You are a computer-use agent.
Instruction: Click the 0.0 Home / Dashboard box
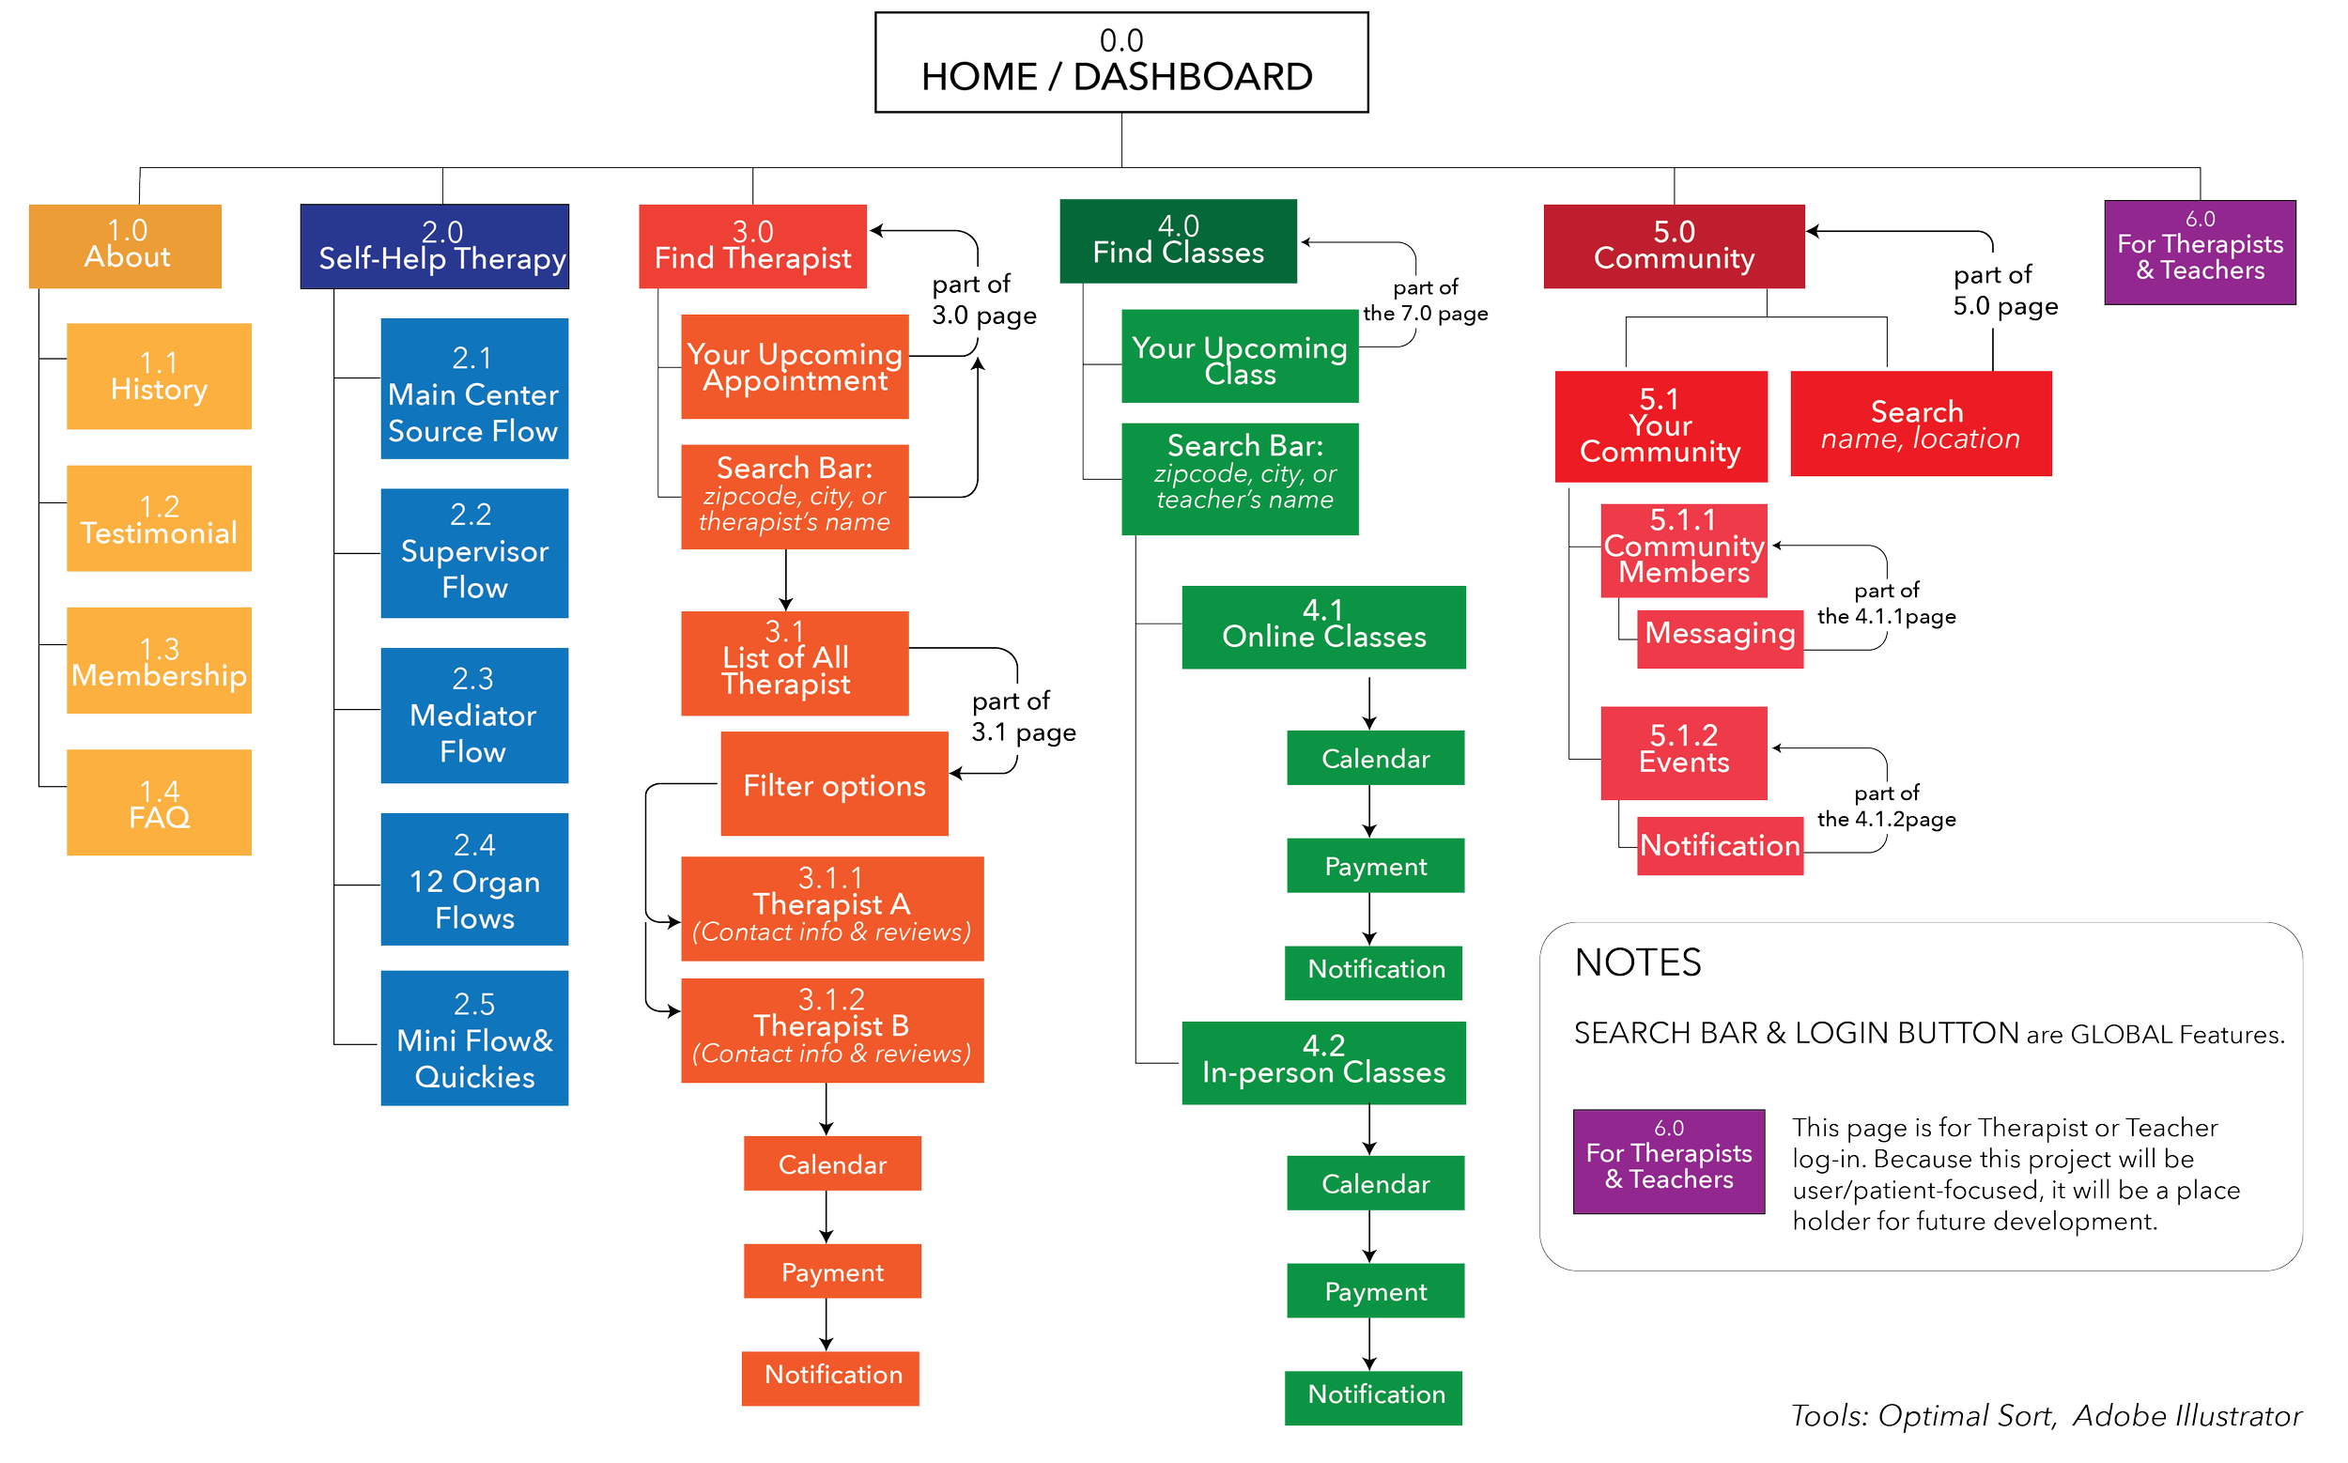tap(1120, 63)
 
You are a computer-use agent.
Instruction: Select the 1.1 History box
tap(159, 377)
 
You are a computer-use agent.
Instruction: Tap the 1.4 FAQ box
tap(159, 802)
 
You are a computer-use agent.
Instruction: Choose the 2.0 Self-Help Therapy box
tap(435, 246)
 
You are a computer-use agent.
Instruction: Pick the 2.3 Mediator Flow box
tap(473, 715)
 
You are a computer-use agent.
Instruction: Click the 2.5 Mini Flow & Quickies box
tap(473, 1039)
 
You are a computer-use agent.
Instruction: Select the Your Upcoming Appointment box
tap(795, 367)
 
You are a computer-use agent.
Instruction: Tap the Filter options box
tap(833, 784)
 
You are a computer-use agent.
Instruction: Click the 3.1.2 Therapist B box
tap(831, 1029)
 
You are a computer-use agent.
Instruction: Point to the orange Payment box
tap(831, 1271)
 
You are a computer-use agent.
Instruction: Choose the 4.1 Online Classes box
tap(1323, 627)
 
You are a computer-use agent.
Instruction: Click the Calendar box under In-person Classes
tap(1374, 1182)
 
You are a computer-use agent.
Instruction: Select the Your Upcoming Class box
tap(1239, 356)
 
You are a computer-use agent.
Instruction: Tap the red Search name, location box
tap(1921, 423)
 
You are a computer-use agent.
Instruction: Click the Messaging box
tap(1720, 638)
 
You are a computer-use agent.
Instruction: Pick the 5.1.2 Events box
tap(1683, 753)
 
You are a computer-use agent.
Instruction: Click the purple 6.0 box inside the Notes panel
tap(1669, 1162)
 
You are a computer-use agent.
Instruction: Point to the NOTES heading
tap(1638, 962)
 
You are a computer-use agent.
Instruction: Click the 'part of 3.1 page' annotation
tap(1022, 716)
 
